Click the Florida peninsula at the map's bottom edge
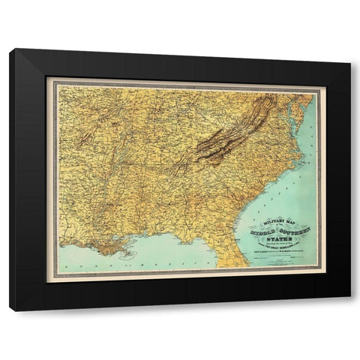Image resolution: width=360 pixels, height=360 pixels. pyautogui.click(x=236, y=259)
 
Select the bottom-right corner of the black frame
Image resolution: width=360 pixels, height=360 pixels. pyautogui.click(x=350, y=310)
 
